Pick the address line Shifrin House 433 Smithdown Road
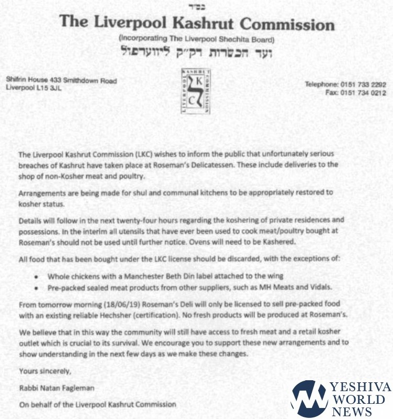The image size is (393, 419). pos(61,80)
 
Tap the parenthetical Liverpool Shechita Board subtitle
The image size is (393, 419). pos(197,39)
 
